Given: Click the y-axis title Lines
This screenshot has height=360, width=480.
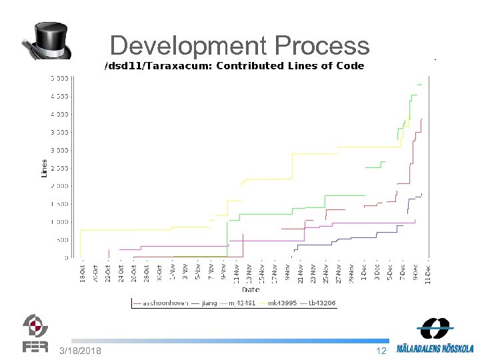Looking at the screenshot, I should click(x=45, y=167).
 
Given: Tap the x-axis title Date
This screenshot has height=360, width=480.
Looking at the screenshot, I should click(x=251, y=290).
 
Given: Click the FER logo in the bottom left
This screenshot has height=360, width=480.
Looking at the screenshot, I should click(x=35, y=333).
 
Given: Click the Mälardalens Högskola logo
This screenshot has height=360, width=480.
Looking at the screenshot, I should click(x=435, y=337).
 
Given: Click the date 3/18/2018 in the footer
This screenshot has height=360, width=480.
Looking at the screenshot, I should click(x=81, y=351).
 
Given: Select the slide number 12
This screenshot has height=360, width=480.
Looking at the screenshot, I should click(x=381, y=351).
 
